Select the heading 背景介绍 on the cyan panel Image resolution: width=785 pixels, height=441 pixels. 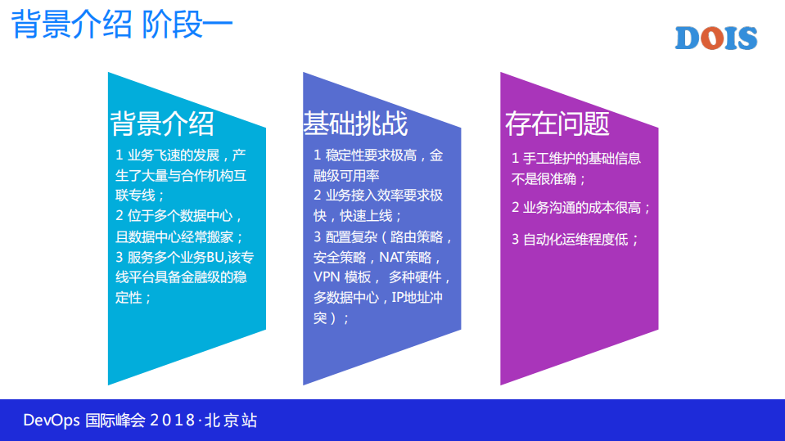pos(162,124)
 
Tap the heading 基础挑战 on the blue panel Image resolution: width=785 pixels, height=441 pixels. pos(355,124)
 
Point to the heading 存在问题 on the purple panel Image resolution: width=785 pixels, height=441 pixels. pos(557,124)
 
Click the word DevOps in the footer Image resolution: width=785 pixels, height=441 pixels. pos(52,421)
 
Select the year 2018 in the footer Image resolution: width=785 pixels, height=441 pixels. pos(174,421)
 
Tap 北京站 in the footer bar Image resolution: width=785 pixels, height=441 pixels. pos(231,421)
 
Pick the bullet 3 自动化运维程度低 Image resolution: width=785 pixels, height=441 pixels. pos(575,240)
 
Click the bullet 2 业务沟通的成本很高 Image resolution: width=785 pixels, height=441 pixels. pos(581,208)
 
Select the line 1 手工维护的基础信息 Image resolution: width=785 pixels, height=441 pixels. pos(575,159)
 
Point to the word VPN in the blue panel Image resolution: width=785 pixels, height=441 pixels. pos(327,277)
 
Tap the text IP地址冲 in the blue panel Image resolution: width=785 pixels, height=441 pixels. pos(417,297)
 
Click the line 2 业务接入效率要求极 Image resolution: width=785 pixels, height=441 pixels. pos(378,196)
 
